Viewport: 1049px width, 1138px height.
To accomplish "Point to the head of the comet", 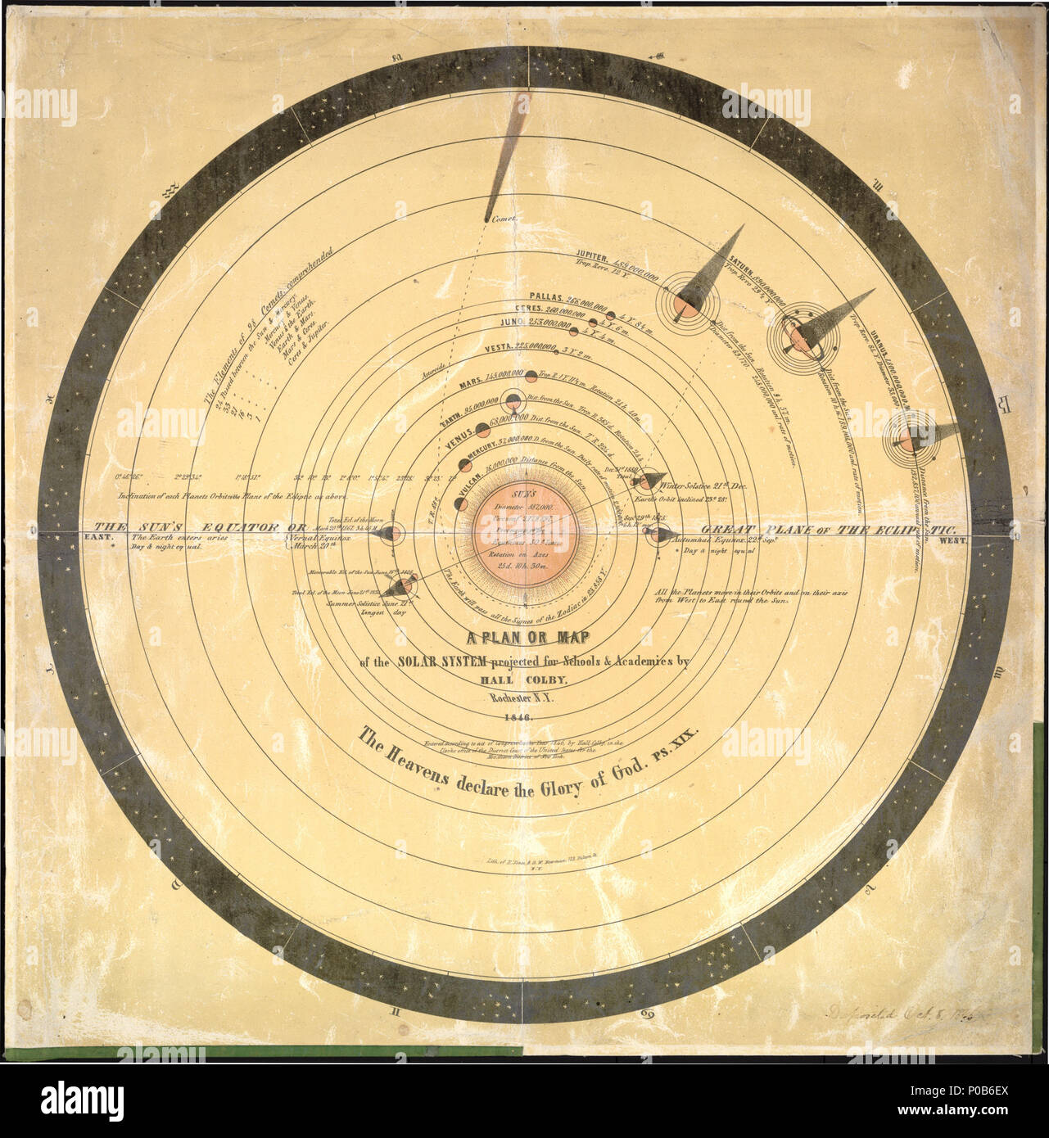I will point(484,215).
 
